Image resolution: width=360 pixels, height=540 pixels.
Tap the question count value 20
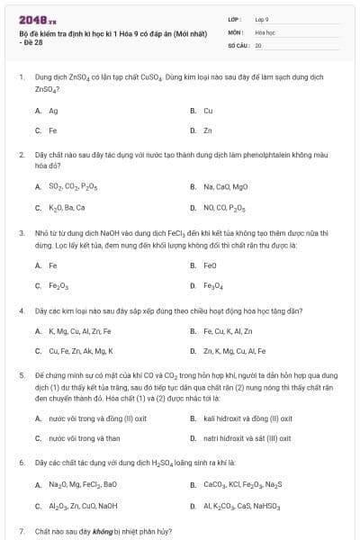pos(258,44)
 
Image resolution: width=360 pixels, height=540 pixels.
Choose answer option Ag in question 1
pos(53,111)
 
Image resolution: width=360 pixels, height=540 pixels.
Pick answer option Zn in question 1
pos(208,130)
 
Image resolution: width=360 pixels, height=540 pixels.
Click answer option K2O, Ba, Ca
pos(67,207)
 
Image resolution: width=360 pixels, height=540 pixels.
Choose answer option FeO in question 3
pos(210,265)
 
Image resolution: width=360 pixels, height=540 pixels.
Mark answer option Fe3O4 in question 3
pos(212,286)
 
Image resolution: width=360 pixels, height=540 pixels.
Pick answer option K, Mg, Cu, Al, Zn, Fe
pos(79,331)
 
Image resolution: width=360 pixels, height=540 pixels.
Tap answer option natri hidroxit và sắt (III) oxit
pos(247,438)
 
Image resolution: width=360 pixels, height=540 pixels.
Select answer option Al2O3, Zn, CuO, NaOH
pos(82,506)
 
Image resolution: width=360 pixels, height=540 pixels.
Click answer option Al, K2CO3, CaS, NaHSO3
pos(242,506)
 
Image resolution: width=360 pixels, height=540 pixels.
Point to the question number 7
pos(21,531)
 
